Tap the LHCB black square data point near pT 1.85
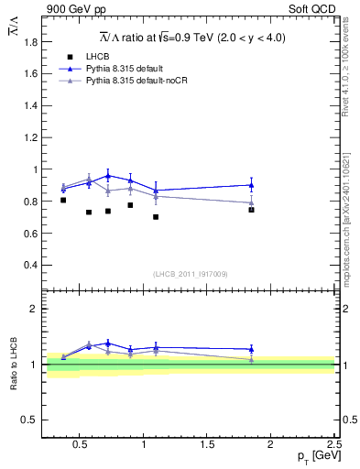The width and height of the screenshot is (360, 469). click(251, 210)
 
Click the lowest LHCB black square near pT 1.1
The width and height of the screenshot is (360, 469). click(156, 217)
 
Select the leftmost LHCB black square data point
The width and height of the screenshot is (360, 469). click(63, 200)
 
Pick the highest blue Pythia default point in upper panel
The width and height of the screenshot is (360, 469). click(108, 175)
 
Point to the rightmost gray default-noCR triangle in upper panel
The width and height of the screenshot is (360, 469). click(251, 202)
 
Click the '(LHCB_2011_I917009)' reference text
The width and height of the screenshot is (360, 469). click(191, 274)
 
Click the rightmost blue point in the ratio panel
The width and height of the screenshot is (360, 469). click(251, 349)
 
